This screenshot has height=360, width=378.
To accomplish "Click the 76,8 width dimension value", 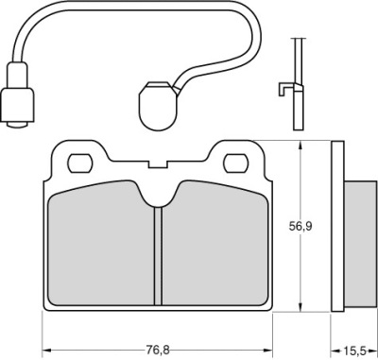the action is click(158, 350).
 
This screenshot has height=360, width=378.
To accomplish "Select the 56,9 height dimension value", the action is click(301, 227).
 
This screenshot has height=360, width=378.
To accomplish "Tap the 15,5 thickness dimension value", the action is click(354, 350).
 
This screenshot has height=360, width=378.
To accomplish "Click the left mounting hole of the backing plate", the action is click(80, 163).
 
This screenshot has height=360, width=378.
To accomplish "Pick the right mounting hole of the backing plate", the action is click(236, 163).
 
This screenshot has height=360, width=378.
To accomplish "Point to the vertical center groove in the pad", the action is click(158, 256).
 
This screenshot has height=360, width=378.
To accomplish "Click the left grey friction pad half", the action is click(101, 244).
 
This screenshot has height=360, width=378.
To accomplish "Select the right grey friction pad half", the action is click(215, 244).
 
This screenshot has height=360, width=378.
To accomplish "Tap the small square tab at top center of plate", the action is click(158, 163).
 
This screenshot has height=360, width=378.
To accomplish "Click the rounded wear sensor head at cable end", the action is click(158, 106).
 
